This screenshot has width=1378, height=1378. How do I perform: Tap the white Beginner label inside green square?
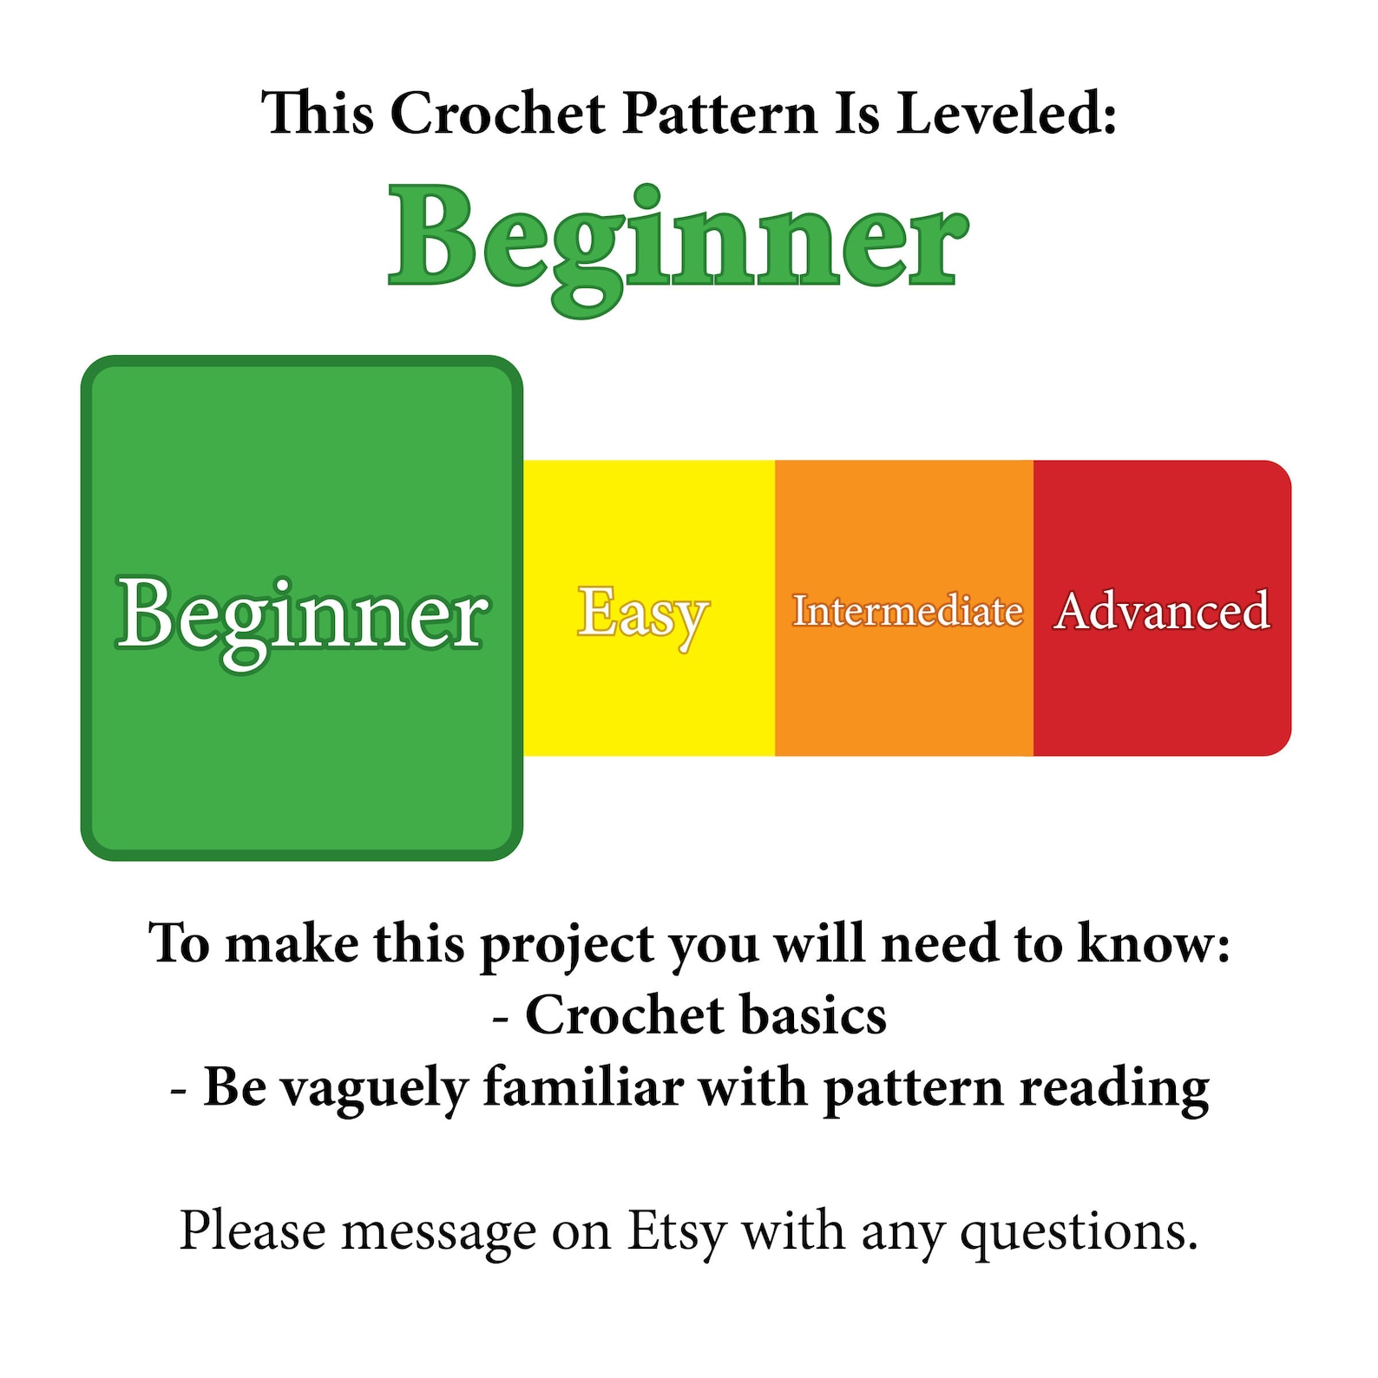tap(302, 614)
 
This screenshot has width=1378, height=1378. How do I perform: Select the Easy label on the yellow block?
tap(643, 613)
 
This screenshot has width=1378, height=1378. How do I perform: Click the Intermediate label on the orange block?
tap(907, 611)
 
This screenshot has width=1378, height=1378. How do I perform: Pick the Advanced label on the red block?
tap(1162, 611)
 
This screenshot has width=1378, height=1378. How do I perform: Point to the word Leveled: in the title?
tap(1006, 114)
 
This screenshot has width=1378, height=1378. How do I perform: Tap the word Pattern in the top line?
tap(719, 114)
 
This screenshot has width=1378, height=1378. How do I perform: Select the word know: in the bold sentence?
tap(1153, 942)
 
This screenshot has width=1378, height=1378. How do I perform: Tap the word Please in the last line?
tap(253, 1230)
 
